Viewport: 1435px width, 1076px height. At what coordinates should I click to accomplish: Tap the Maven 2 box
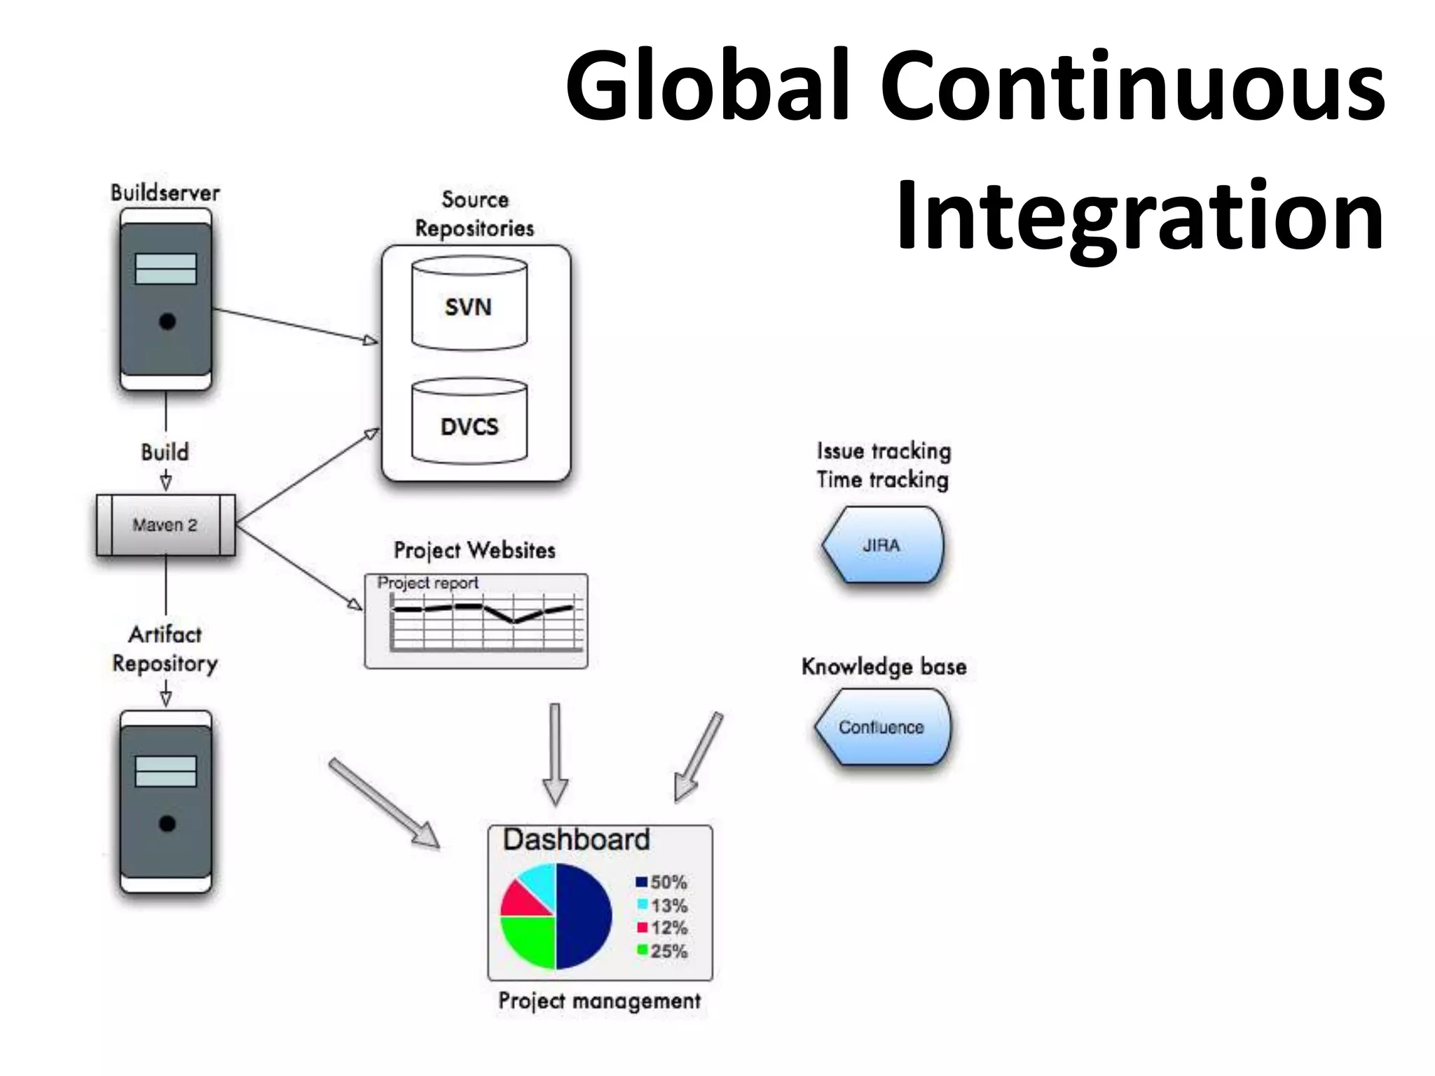165,525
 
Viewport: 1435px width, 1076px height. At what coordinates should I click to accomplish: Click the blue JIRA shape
883,545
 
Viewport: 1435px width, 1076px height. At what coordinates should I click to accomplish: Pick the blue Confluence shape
882,727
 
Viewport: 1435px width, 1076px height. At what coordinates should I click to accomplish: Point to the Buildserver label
165,193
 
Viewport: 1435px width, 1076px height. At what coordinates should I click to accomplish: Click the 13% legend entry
662,906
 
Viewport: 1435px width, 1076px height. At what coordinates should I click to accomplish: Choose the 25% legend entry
662,951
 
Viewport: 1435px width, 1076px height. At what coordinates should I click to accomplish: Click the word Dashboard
576,839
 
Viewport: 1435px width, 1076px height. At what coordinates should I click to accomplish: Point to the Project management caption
599,1001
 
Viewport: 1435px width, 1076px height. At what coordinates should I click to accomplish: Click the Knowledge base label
884,666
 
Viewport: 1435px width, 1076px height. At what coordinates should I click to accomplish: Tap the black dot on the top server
167,322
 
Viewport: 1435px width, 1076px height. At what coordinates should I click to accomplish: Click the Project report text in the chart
427,583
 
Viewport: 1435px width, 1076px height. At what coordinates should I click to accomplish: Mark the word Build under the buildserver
165,452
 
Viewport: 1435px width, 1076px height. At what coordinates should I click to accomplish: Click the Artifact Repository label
165,649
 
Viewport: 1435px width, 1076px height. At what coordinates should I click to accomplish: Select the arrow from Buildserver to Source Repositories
294,325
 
